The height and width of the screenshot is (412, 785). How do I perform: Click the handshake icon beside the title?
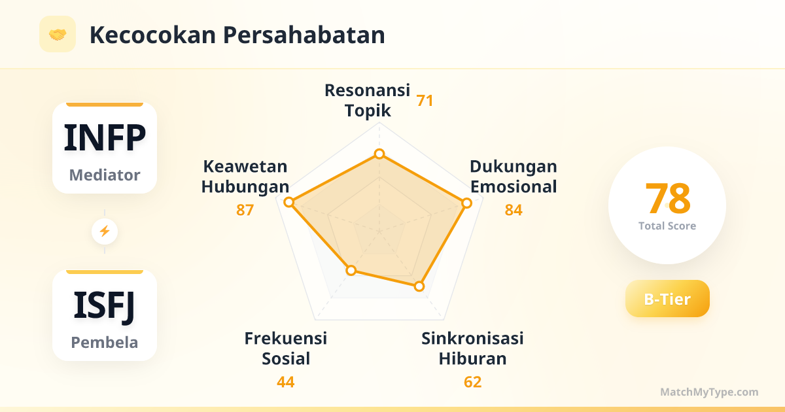point(58,34)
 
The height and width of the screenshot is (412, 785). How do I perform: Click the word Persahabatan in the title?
point(304,35)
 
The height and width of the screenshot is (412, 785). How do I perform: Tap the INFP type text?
point(105,138)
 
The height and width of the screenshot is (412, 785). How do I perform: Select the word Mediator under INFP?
point(105,175)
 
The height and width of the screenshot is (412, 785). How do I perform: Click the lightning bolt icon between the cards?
point(105,232)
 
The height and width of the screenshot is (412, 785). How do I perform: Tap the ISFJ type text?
point(105,306)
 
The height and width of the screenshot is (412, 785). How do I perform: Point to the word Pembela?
point(105,342)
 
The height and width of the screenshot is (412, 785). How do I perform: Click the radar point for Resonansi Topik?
point(379,154)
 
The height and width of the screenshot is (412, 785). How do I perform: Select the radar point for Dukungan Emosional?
point(466,203)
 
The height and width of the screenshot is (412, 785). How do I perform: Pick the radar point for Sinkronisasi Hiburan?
point(419,286)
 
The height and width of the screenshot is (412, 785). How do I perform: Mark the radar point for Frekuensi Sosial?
point(351,270)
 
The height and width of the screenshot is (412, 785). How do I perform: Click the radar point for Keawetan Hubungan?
point(288,202)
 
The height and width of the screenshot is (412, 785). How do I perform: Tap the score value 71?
point(425,101)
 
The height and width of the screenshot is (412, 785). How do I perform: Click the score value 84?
point(514,210)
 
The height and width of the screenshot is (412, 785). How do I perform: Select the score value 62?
point(472,382)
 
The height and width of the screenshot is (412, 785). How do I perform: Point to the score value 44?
point(286,382)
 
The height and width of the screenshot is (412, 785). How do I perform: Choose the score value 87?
point(245,210)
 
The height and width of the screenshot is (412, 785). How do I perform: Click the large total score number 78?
point(668,198)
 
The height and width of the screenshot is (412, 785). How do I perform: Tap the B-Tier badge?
point(667,298)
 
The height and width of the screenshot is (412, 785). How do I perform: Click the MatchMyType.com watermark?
point(709,392)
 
